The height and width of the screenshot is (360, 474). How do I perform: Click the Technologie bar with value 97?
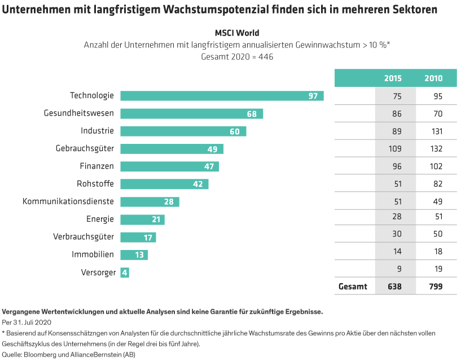[222, 96]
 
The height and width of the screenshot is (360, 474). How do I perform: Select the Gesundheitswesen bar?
[192, 113]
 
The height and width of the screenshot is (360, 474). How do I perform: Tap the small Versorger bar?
[125, 273]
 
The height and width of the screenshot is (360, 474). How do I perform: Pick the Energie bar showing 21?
[142, 219]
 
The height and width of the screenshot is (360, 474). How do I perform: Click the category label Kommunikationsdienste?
[68, 201]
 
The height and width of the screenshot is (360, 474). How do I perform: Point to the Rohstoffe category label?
[95, 184]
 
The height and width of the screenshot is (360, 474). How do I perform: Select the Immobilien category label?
[93, 254]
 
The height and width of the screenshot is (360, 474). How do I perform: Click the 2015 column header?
[393, 78]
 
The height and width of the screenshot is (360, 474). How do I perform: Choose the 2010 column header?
[433, 78]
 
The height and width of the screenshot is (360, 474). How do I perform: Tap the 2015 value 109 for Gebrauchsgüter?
[394, 149]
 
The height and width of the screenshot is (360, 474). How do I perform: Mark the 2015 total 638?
[394, 286]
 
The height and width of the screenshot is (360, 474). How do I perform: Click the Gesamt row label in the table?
[353, 286]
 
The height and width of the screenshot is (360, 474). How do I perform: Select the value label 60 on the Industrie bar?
[234, 131]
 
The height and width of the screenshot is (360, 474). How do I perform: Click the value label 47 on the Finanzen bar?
[208, 166]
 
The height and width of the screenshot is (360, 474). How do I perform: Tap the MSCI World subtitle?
[237, 33]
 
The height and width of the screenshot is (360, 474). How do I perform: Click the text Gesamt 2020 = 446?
[237, 56]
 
